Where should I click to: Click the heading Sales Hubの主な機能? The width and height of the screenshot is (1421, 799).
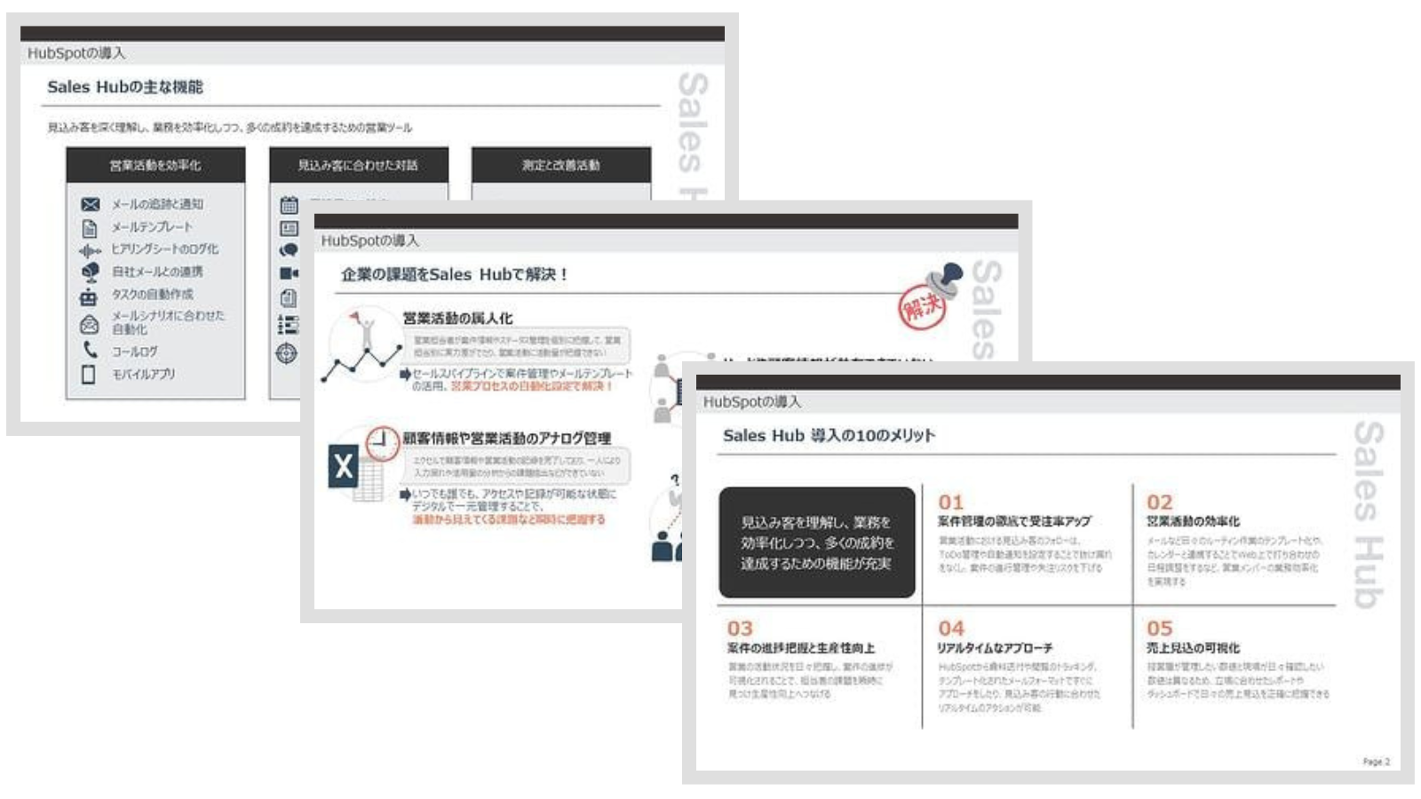(124, 87)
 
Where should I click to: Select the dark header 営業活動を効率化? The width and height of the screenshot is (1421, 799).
(155, 165)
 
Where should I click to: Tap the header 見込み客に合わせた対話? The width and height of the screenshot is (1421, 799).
(358, 165)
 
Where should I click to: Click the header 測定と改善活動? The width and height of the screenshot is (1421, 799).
(560, 165)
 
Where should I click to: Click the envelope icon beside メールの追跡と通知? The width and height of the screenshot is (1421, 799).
(90, 204)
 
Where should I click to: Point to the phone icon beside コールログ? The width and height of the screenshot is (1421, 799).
(90, 350)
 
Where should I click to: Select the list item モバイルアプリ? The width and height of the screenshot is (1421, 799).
(143, 375)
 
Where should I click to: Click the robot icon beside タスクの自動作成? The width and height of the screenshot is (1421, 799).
(89, 296)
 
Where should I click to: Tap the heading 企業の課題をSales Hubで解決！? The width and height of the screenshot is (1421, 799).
(454, 275)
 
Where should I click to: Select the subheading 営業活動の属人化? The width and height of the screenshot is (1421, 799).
(457, 318)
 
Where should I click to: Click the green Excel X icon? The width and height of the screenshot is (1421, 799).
(344, 467)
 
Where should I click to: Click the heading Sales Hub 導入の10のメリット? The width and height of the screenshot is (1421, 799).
(829, 436)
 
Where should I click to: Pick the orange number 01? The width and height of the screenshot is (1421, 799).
(950, 502)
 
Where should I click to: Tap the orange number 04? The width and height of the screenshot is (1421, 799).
(950, 628)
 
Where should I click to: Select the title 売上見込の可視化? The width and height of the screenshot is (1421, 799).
(1193, 648)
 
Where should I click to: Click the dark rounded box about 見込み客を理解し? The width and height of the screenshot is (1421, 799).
(816, 542)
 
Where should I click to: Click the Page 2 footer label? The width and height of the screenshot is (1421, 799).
(1376, 762)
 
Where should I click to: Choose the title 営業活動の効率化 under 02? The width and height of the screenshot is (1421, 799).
(1193, 521)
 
